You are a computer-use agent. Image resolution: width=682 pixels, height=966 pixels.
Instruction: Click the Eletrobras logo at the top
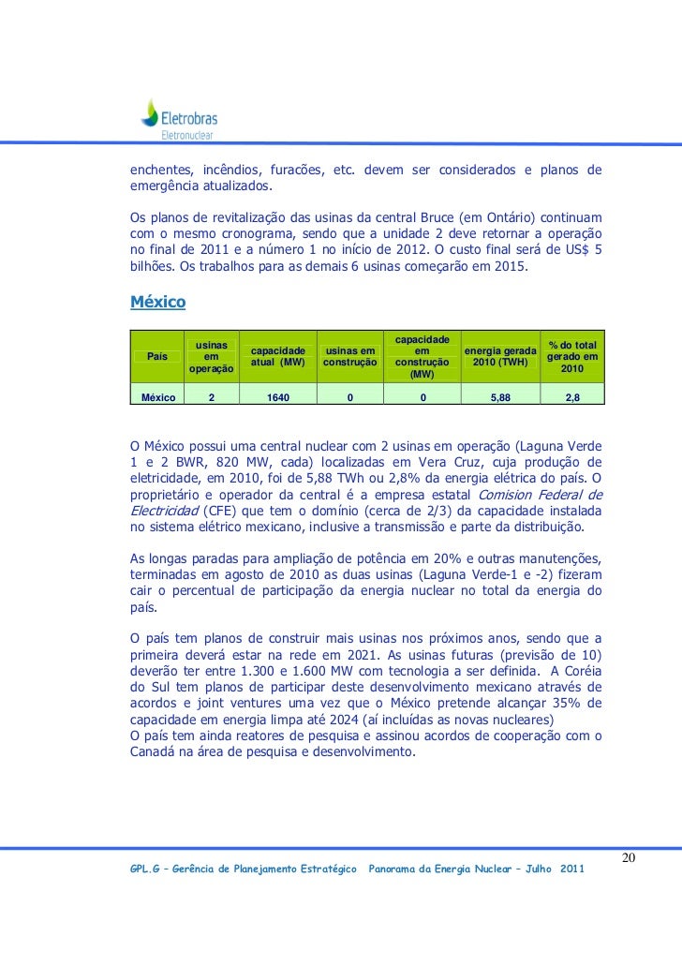click(178, 119)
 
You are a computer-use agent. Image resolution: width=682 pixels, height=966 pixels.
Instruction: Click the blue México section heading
click(157, 303)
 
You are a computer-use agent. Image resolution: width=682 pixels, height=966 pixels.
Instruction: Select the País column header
click(157, 355)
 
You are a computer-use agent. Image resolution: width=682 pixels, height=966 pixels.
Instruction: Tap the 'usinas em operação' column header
click(212, 356)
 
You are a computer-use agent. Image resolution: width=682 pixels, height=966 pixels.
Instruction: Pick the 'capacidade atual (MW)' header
click(277, 356)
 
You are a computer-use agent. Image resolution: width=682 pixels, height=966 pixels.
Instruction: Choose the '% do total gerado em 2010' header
click(572, 356)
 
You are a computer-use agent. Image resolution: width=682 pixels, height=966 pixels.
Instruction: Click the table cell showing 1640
click(277, 397)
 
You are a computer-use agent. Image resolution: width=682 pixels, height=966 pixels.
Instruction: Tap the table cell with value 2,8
click(572, 397)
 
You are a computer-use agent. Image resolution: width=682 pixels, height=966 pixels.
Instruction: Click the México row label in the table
click(158, 397)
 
